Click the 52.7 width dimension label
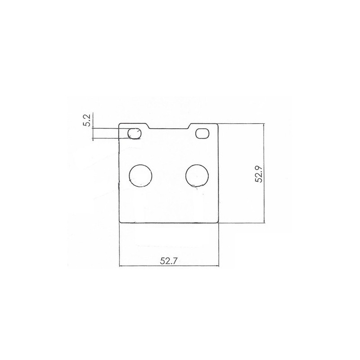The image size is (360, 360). pyautogui.click(x=169, y=261)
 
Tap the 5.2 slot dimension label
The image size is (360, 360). pyautogui.click(x=88, y=120)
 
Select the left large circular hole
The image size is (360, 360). pyautogui.click(x=140, y=175)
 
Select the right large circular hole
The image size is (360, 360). pyautogui.click(x=197, y=175)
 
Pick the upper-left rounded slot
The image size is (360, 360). pyautogui.click(x=135, y=134)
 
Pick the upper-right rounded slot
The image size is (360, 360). pyautogui.click(x=202, y=134)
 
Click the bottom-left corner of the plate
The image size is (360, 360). pyautogui.click(x=120, y=222)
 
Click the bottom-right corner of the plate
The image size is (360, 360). pyautogui.click(x=218, y=222)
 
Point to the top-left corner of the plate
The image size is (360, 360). pyautogui.click(x=119, y=124)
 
